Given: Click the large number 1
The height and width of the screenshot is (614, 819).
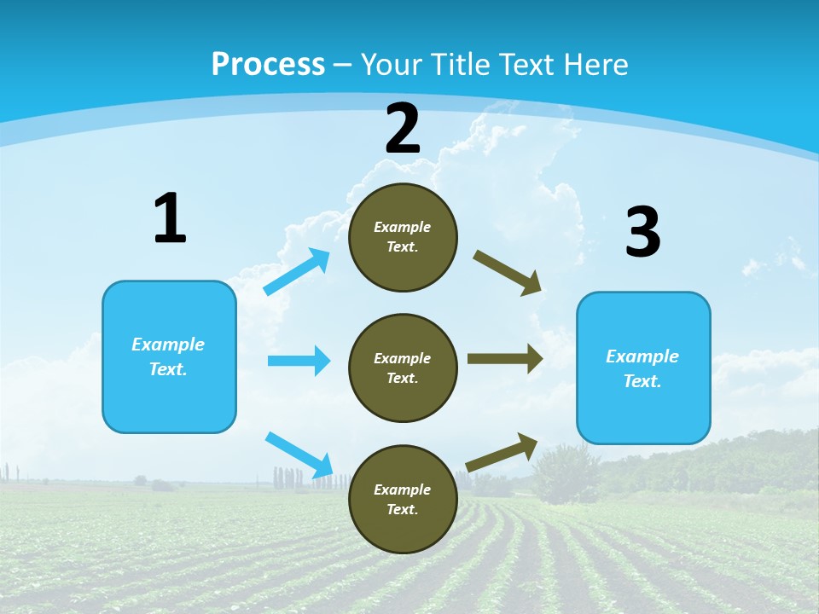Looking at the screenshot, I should click(x=170, y=218).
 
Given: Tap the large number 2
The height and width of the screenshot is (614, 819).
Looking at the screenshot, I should click(x=403, y=129).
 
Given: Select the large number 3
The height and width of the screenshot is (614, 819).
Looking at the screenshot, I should click(x=642, y=232).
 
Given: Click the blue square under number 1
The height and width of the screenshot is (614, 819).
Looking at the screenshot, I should click(x=169, y=356).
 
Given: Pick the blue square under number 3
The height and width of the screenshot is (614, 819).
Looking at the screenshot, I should click(x=643, y=368).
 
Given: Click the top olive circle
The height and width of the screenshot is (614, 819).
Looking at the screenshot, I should click(x=403, y=237).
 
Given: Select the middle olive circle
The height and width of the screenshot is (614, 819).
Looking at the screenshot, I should click(x=403, y=368).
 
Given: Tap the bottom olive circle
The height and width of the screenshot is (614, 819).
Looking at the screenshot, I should click(x=403, y=500).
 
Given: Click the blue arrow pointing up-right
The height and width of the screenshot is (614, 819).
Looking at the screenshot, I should click(x=297, y=271).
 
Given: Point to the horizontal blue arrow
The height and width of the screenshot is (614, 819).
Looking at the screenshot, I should click(x=299, y=361).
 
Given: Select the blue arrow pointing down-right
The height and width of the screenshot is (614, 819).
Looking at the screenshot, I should click(x=299, y=455).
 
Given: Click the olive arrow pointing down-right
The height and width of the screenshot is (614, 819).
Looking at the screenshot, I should click(x=508, y=272).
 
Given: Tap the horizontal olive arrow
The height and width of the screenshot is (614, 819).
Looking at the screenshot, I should click(x=505, y=358).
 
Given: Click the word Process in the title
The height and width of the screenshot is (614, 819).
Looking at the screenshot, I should click(x=268, y=64).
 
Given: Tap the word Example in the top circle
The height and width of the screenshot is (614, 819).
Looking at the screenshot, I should click(x=403, y=227).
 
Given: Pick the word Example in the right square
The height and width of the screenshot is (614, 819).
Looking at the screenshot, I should click(x=642, y=356).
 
